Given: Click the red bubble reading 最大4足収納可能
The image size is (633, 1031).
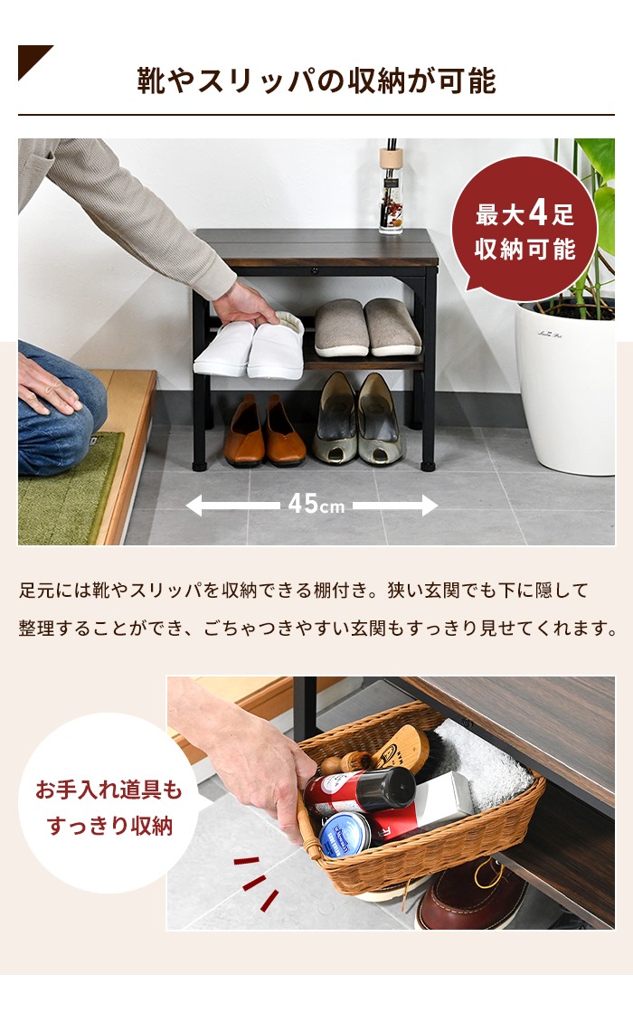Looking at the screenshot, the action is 524,229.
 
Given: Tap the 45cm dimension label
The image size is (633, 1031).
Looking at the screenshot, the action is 316,505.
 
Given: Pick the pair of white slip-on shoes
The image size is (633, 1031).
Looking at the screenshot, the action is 250,345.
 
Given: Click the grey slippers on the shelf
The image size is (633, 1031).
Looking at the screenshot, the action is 367,326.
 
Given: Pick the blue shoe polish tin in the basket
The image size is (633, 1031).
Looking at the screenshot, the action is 346,835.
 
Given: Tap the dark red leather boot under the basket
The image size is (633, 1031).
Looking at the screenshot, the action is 472,893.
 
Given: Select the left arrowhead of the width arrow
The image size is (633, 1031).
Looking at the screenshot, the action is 194,505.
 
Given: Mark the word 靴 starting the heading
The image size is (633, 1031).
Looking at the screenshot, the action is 152,80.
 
